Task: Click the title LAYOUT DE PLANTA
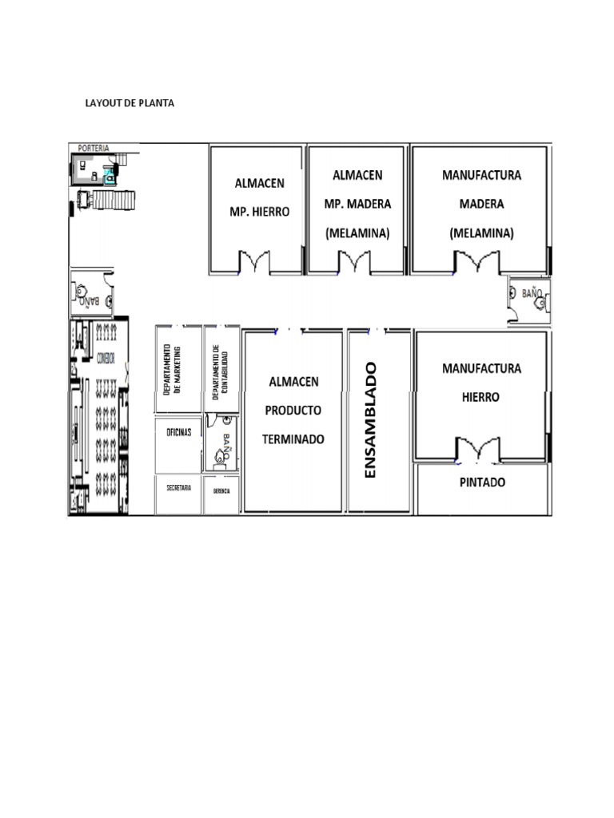pos(130,104)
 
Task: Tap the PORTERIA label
pos(94,148)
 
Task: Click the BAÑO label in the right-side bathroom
pos(532,294)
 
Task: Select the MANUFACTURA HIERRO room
pos(481,383)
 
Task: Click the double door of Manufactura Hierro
pos(477,449)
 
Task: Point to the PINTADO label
pos(482,483)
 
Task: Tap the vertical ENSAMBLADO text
pos(369,420)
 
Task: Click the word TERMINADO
pos(293,439)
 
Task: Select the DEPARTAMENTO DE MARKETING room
pos(178,369)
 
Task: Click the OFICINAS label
pos(178,432)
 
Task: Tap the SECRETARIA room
pos(178,487)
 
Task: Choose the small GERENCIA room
pos(221,491)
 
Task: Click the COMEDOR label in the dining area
pos(106,359)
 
